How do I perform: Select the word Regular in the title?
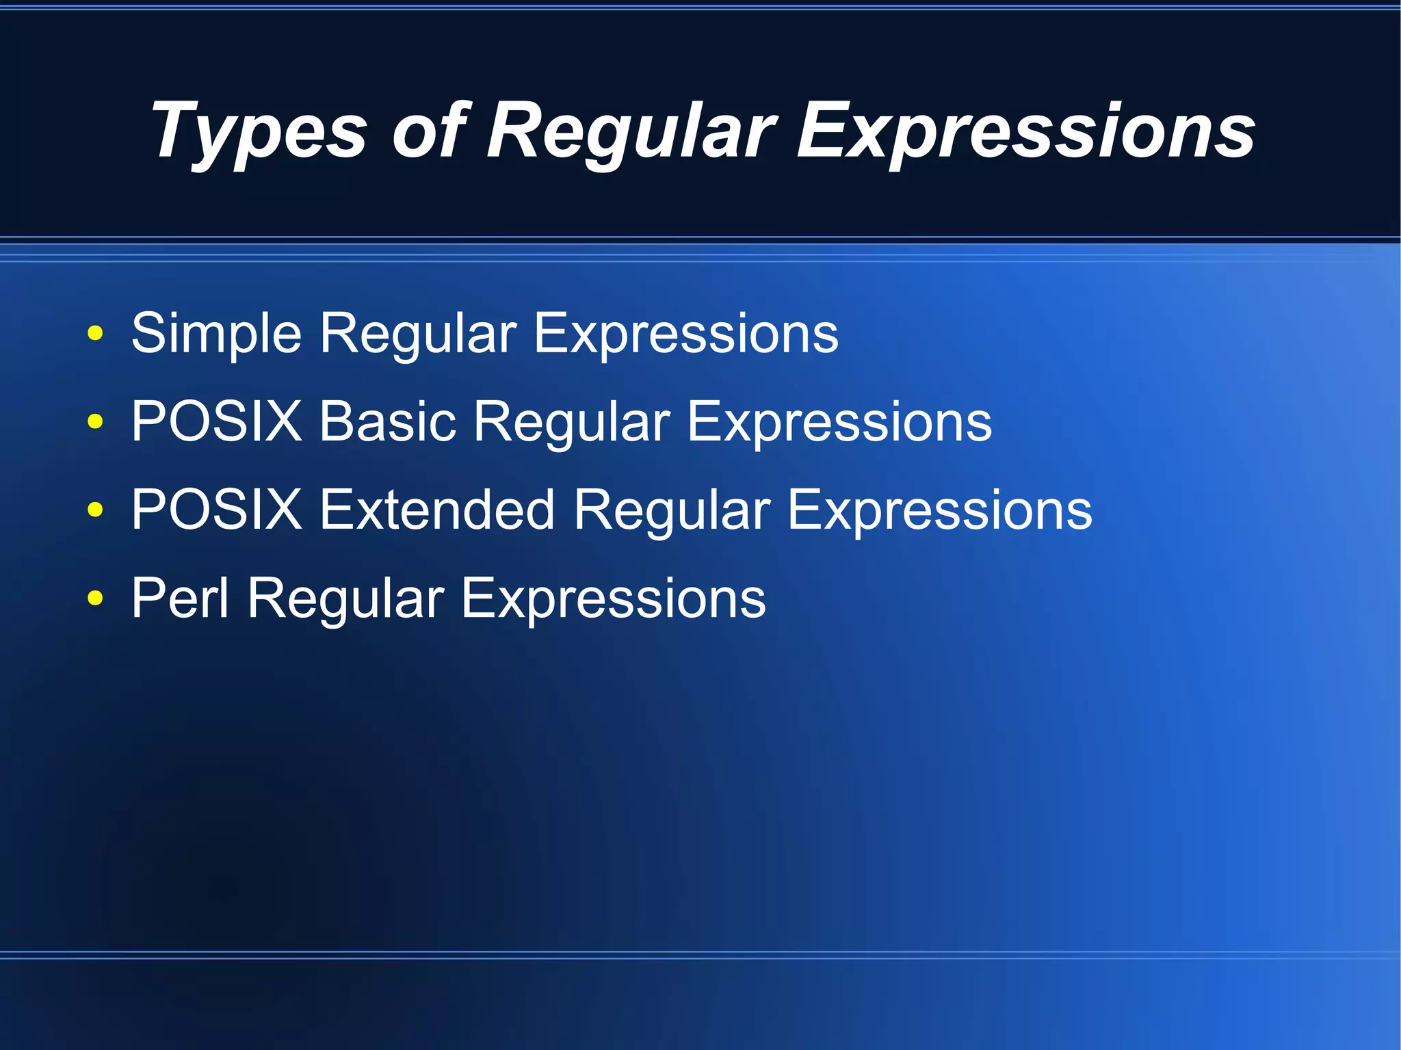(631, 131)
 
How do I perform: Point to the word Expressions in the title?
(1026, 131)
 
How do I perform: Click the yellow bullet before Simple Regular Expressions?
(95, 334)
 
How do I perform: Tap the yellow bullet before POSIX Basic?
(95, 422)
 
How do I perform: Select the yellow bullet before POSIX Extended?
(95, 510)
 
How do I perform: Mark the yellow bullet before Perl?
(95, 599)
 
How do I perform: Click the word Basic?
(387, 421)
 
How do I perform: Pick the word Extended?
(436, 510)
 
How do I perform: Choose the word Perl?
(179, 598)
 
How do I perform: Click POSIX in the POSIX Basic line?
(216, 421)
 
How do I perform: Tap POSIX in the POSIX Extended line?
(216, 510)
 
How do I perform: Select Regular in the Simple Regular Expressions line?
(418, 334)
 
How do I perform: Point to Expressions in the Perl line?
(613, 599)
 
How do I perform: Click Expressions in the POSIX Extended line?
(939, 511)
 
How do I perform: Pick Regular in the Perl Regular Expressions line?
(345, 599)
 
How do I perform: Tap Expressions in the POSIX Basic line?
(839, 423)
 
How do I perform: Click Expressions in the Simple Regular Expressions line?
(685, 334)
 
